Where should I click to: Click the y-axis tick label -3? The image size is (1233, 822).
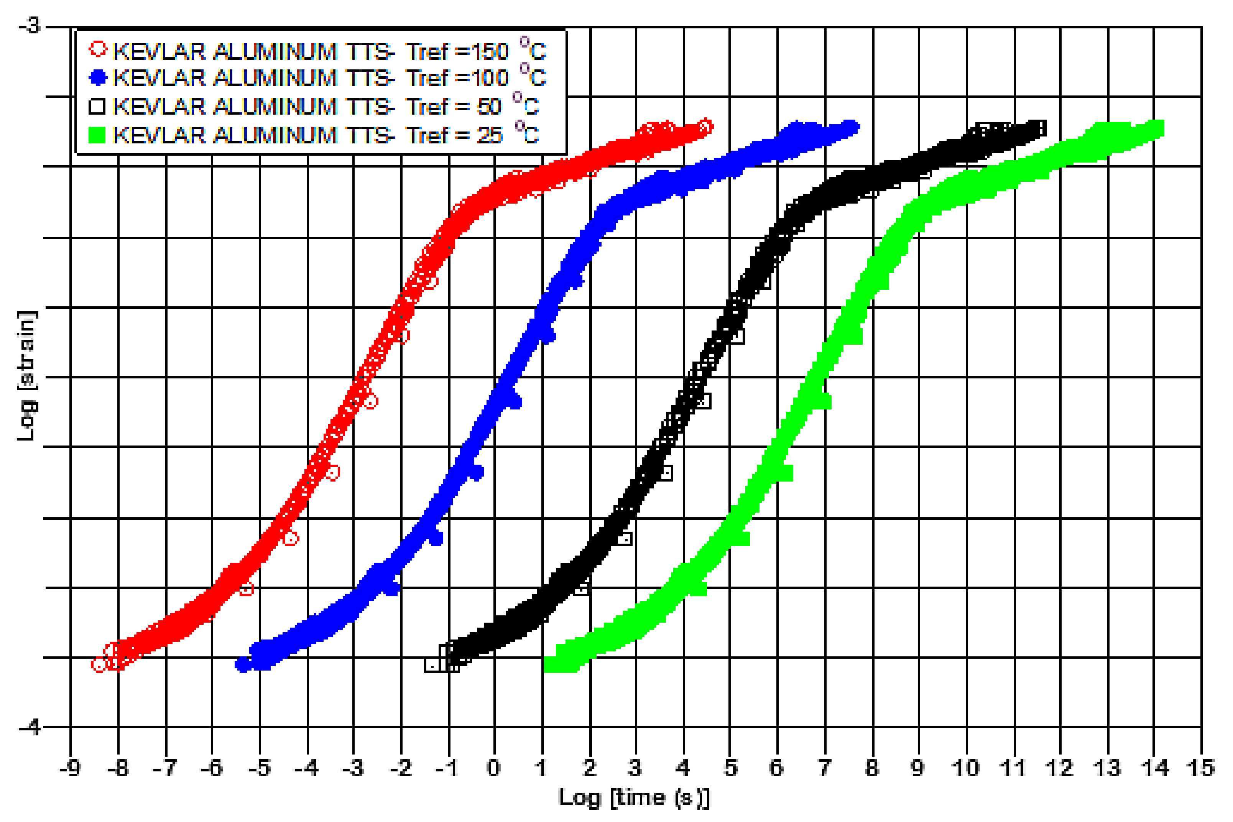pyautogui.click(x=30, y=25)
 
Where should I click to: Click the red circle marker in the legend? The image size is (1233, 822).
pyautogui.click(x=98, y=49)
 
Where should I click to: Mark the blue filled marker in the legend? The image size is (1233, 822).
pyautogui.click(x=98, y=77)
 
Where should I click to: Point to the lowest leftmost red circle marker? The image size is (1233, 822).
pyautogui.click(x=99, y=665)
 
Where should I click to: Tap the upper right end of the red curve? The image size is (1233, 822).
pyautogui.click(x=705, y=127)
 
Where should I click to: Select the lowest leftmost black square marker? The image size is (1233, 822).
pyautogui.click(x=432, y=665)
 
